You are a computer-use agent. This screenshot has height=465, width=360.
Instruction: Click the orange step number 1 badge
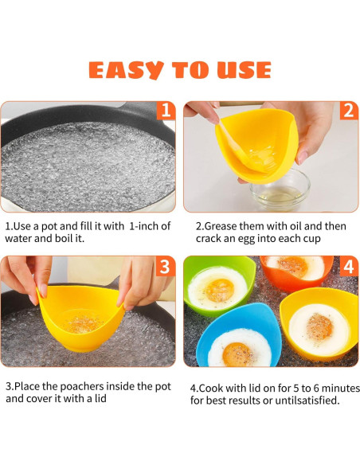tap(165, 111)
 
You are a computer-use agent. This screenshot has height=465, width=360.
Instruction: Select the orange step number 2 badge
tap(348, 111)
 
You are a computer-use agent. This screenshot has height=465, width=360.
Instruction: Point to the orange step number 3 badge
tap(165, 266)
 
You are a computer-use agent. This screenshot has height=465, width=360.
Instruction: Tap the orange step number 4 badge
tap(348, 266)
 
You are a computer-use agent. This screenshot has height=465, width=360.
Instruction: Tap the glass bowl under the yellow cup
tap(280, 190)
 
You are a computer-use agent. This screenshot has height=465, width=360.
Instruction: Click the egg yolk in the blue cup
tap(237, 351)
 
